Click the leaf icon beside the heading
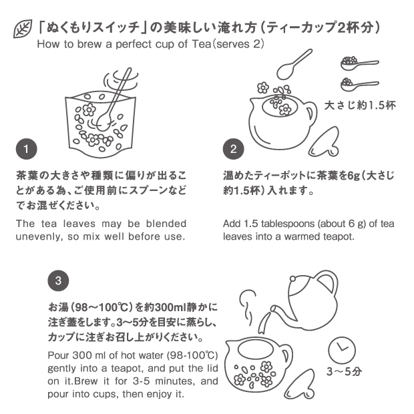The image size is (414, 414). pos(23,29)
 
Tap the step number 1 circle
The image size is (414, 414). pos(27,149)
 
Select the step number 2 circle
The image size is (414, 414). pos(234,149)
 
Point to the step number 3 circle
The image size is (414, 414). pos(58,280)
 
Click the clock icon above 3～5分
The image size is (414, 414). pos(342,351)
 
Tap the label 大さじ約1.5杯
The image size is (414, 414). pos(360,106)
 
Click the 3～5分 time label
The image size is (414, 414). pos(345,371)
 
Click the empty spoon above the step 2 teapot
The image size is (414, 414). pos(294,64)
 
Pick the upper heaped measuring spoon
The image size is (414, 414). pos(359,63)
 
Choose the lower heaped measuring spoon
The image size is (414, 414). pos(359,85)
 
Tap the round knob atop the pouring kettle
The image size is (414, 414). pos(293,278)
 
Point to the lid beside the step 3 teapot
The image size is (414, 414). pos(300,385)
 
